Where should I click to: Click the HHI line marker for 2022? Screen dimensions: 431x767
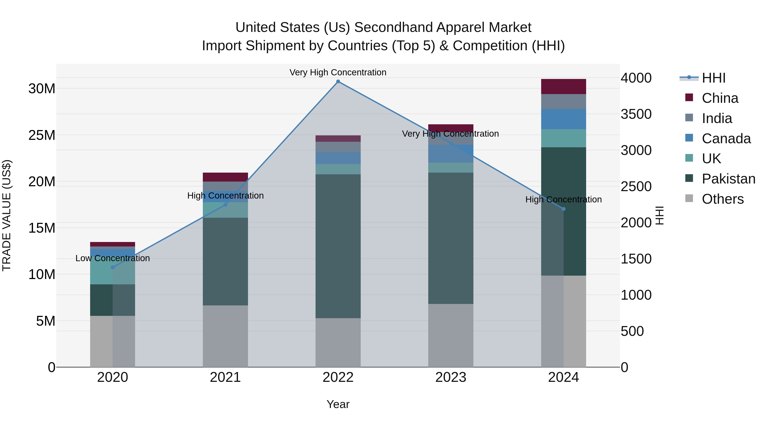click(338, 82)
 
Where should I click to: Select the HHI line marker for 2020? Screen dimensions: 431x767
click(112, 267)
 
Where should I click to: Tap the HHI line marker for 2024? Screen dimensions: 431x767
click(563, 209)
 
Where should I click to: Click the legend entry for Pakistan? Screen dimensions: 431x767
click(728, 179)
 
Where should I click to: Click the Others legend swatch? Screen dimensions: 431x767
click(689, 198)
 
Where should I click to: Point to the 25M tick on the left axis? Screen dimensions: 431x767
click(42, 135)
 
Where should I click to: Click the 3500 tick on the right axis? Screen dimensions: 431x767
click(636, 114)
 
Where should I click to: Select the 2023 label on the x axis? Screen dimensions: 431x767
click(450, 377)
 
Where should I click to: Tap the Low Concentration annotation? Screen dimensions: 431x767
click(112, 258)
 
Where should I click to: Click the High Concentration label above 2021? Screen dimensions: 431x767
click(225, 196)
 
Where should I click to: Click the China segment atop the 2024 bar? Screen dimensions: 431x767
click(563, 87)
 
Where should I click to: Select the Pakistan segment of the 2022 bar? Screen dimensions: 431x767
click(338, 246)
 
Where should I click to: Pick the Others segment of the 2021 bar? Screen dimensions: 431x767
click(225, 336)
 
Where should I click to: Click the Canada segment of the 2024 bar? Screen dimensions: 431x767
click(563, 119)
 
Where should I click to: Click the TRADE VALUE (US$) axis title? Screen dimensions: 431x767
click(7, 215)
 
